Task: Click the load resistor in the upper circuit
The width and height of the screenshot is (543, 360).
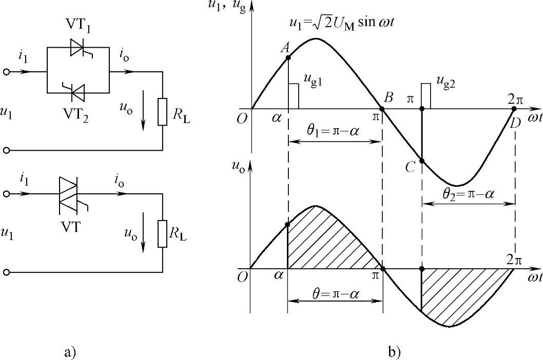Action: click(162, 112)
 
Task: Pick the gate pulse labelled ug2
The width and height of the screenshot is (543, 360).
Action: click(425, 95)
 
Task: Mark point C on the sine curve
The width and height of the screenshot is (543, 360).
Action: click(421, 161)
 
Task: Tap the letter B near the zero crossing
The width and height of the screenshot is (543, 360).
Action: click(389, 97)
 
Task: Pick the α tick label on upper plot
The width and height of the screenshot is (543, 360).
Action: click(278, 117)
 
